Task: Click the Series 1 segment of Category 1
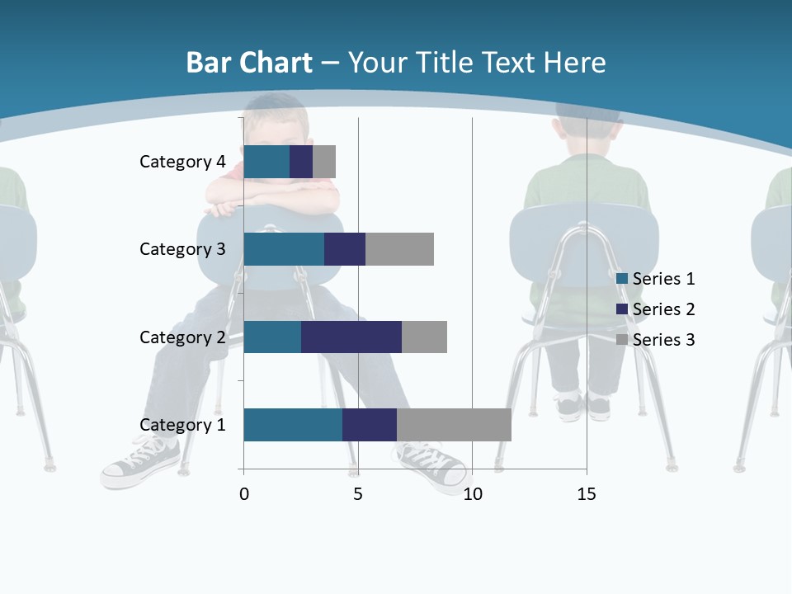(x=293, y=424)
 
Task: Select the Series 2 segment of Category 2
(x=351, y=337)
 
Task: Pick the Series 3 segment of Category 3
(x=399, y=249)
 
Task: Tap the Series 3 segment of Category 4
(x=324, y=162)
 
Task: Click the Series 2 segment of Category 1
(x=370, y=424)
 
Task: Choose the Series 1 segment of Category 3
(x=284, y=249)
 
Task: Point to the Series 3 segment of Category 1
(x=454, y=424)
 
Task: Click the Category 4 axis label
(x=182, y=162)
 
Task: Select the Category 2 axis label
(x=182, y=337)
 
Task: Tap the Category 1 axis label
(x=182, y=425)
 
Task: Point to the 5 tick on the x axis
(x=358, y=494)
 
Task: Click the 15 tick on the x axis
(x=587, y=494)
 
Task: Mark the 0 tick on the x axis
(x=244, y=494)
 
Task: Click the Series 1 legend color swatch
(x=622, y=279)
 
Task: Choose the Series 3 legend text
(x=663, y=340)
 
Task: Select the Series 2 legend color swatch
(x=622, y=309)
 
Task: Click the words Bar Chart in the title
(x=248, y=63)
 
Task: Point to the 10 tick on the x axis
(x=472, y=494)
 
